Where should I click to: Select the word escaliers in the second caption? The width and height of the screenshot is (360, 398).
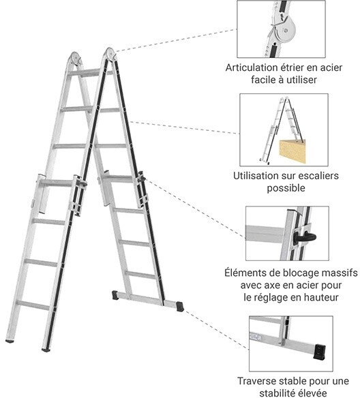point(318,176)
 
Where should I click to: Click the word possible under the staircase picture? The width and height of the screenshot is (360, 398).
point(286,188)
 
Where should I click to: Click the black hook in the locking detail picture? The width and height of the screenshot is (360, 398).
point(305,238)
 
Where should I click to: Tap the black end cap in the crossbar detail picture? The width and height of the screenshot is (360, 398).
point(320,352)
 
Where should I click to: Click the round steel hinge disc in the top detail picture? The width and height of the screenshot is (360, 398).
point(287,31)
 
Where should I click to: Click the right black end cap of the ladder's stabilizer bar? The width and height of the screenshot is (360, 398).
point(180,307)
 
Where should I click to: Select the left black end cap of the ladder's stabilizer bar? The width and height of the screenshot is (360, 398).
point(115,295)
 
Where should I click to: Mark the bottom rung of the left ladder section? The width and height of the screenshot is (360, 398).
point(33,305)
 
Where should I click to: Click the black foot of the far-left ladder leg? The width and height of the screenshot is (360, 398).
point(10,341)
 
